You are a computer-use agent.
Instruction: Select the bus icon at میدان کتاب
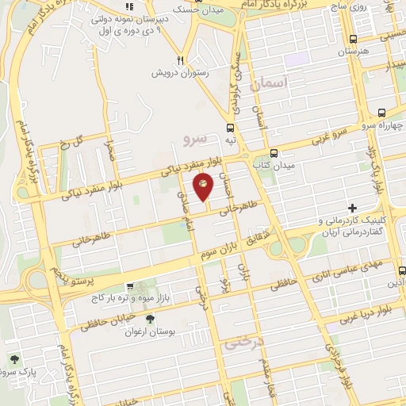274,153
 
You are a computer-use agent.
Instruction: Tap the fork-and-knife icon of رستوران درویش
182,59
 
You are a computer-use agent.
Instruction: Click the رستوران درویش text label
182,72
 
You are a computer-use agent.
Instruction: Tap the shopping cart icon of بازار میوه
140,285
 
